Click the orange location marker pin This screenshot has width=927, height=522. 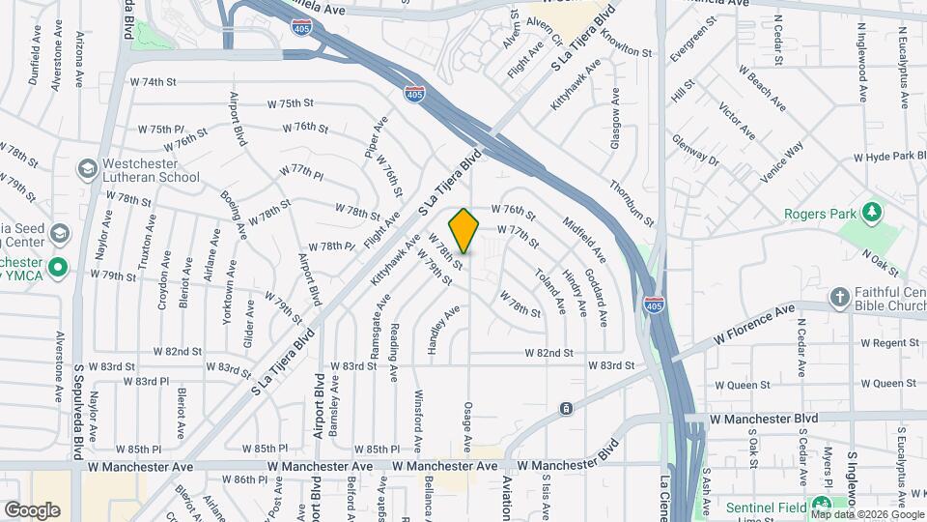point(463,231)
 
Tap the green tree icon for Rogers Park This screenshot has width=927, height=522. point(873,211)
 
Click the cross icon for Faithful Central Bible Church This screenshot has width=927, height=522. point(840,295)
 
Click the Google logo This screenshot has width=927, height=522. point(32,509)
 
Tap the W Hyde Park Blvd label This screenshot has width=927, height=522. point(889,157)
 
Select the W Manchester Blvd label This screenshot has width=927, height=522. point(764,419)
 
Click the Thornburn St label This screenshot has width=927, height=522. point(632,203)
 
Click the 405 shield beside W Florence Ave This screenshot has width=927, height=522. point(654,305)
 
